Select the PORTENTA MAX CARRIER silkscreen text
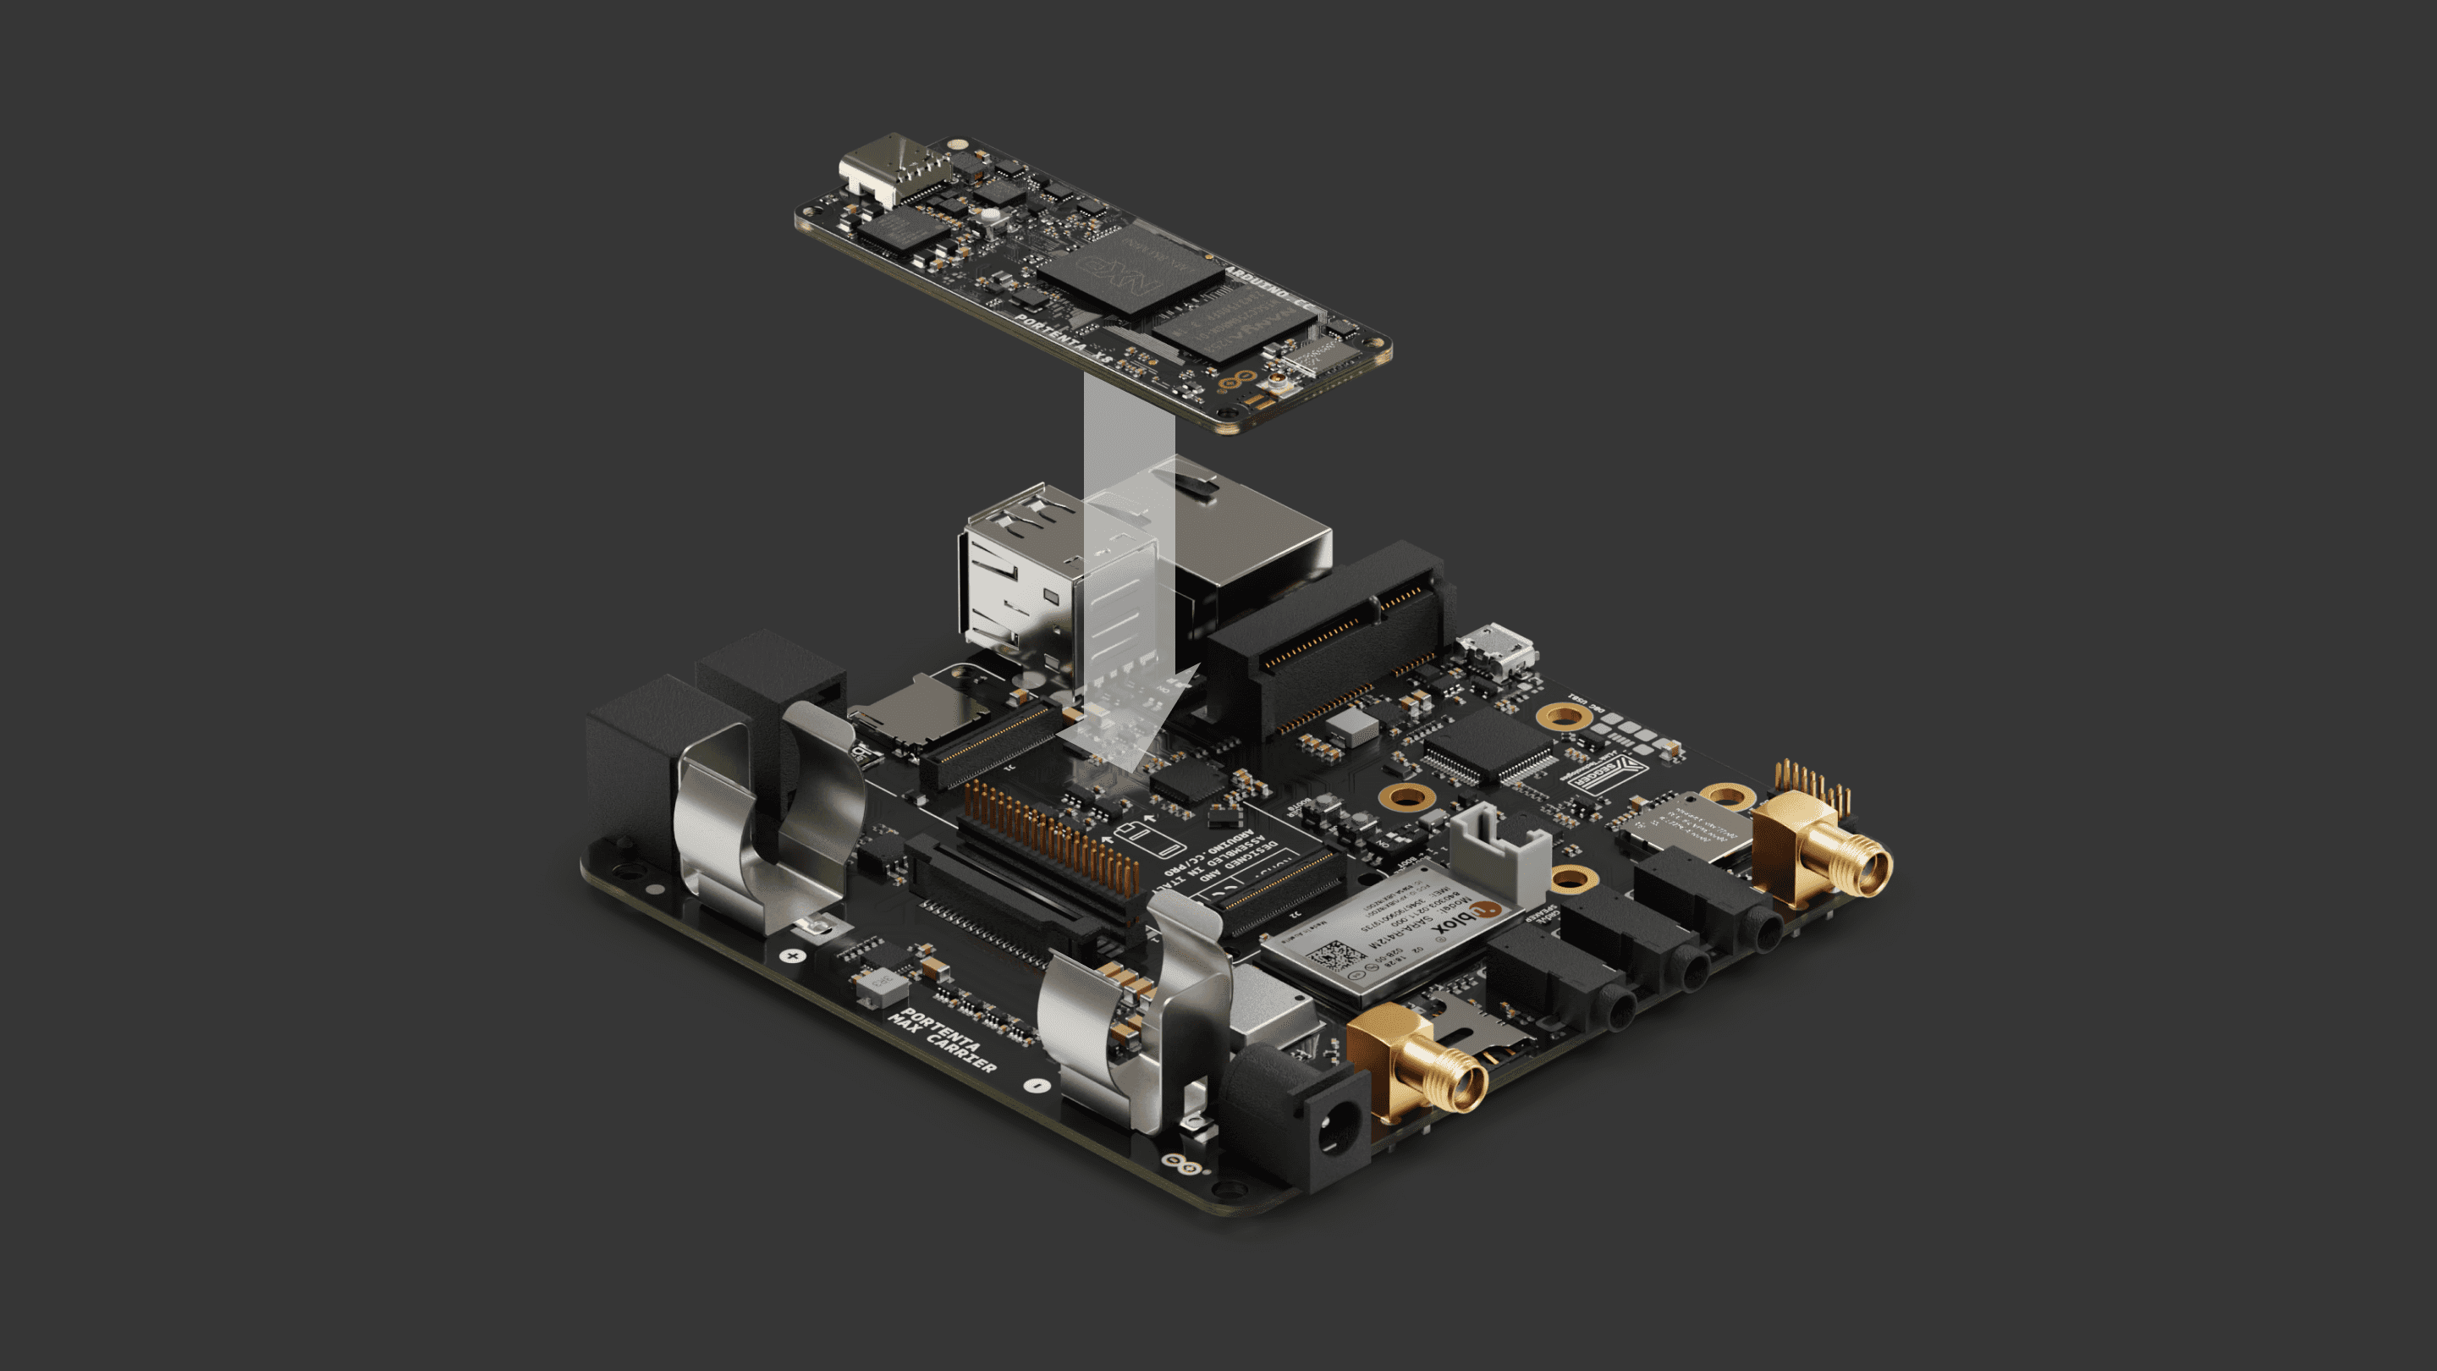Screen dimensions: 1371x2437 coord(940,1041)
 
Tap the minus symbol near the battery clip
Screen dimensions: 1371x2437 coord(1037,1085)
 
